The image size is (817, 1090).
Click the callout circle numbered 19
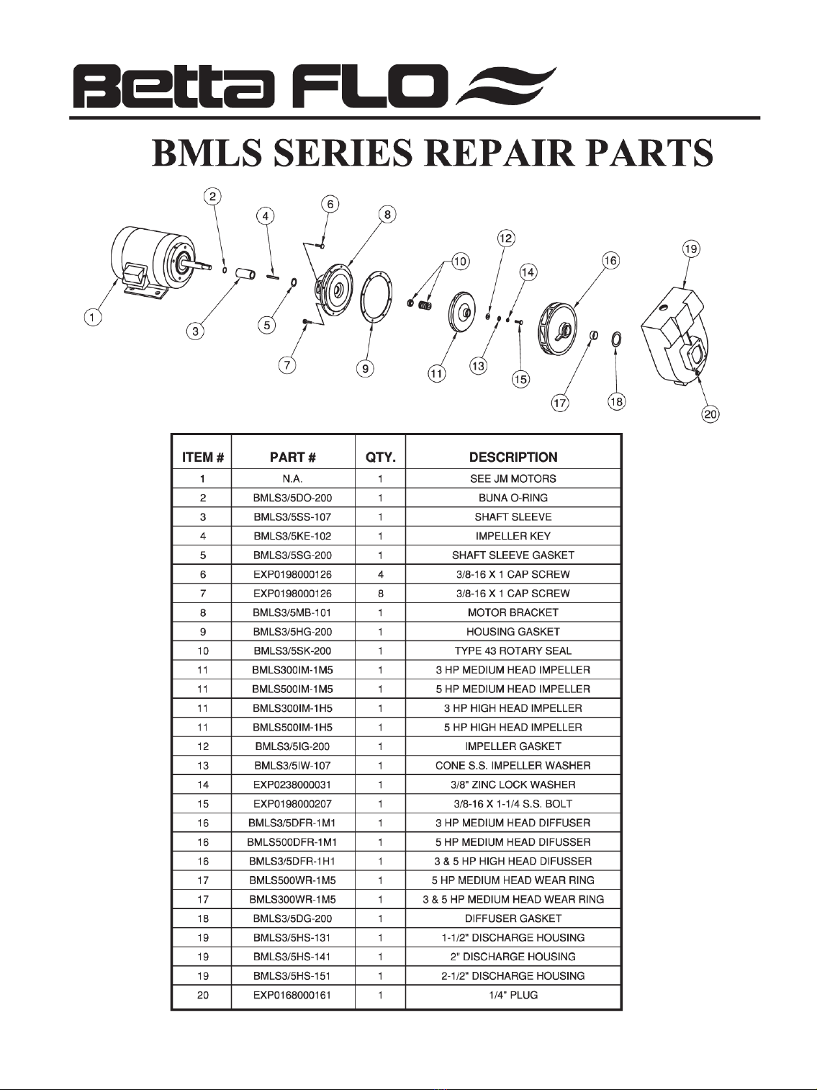point(691,249)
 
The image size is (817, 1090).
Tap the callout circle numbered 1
point(93,317)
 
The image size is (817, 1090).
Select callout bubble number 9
point(365,368)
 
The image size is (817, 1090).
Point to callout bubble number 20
point(710,414)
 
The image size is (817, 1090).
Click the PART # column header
point(293,457)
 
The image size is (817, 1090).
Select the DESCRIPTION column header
point(513,457)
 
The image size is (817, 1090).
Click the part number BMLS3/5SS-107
point(292,517)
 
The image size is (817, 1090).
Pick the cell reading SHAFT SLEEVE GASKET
point(513,555)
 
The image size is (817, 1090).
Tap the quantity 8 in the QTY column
point(381,594)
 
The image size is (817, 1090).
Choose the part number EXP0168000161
point(292,995)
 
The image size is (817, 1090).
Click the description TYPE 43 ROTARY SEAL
point(513,651)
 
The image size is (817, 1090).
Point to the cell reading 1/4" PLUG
point(513,995)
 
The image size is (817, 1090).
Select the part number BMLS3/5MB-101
point(292,613)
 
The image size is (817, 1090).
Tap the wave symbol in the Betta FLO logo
point(505,86)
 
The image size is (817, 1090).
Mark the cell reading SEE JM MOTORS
point(513,478)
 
